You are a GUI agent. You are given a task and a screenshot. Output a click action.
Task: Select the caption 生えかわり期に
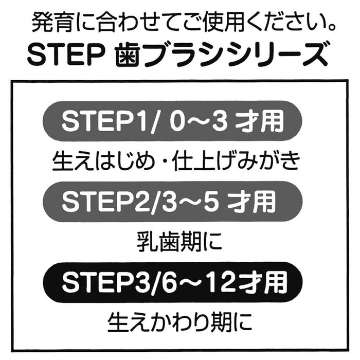179,322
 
